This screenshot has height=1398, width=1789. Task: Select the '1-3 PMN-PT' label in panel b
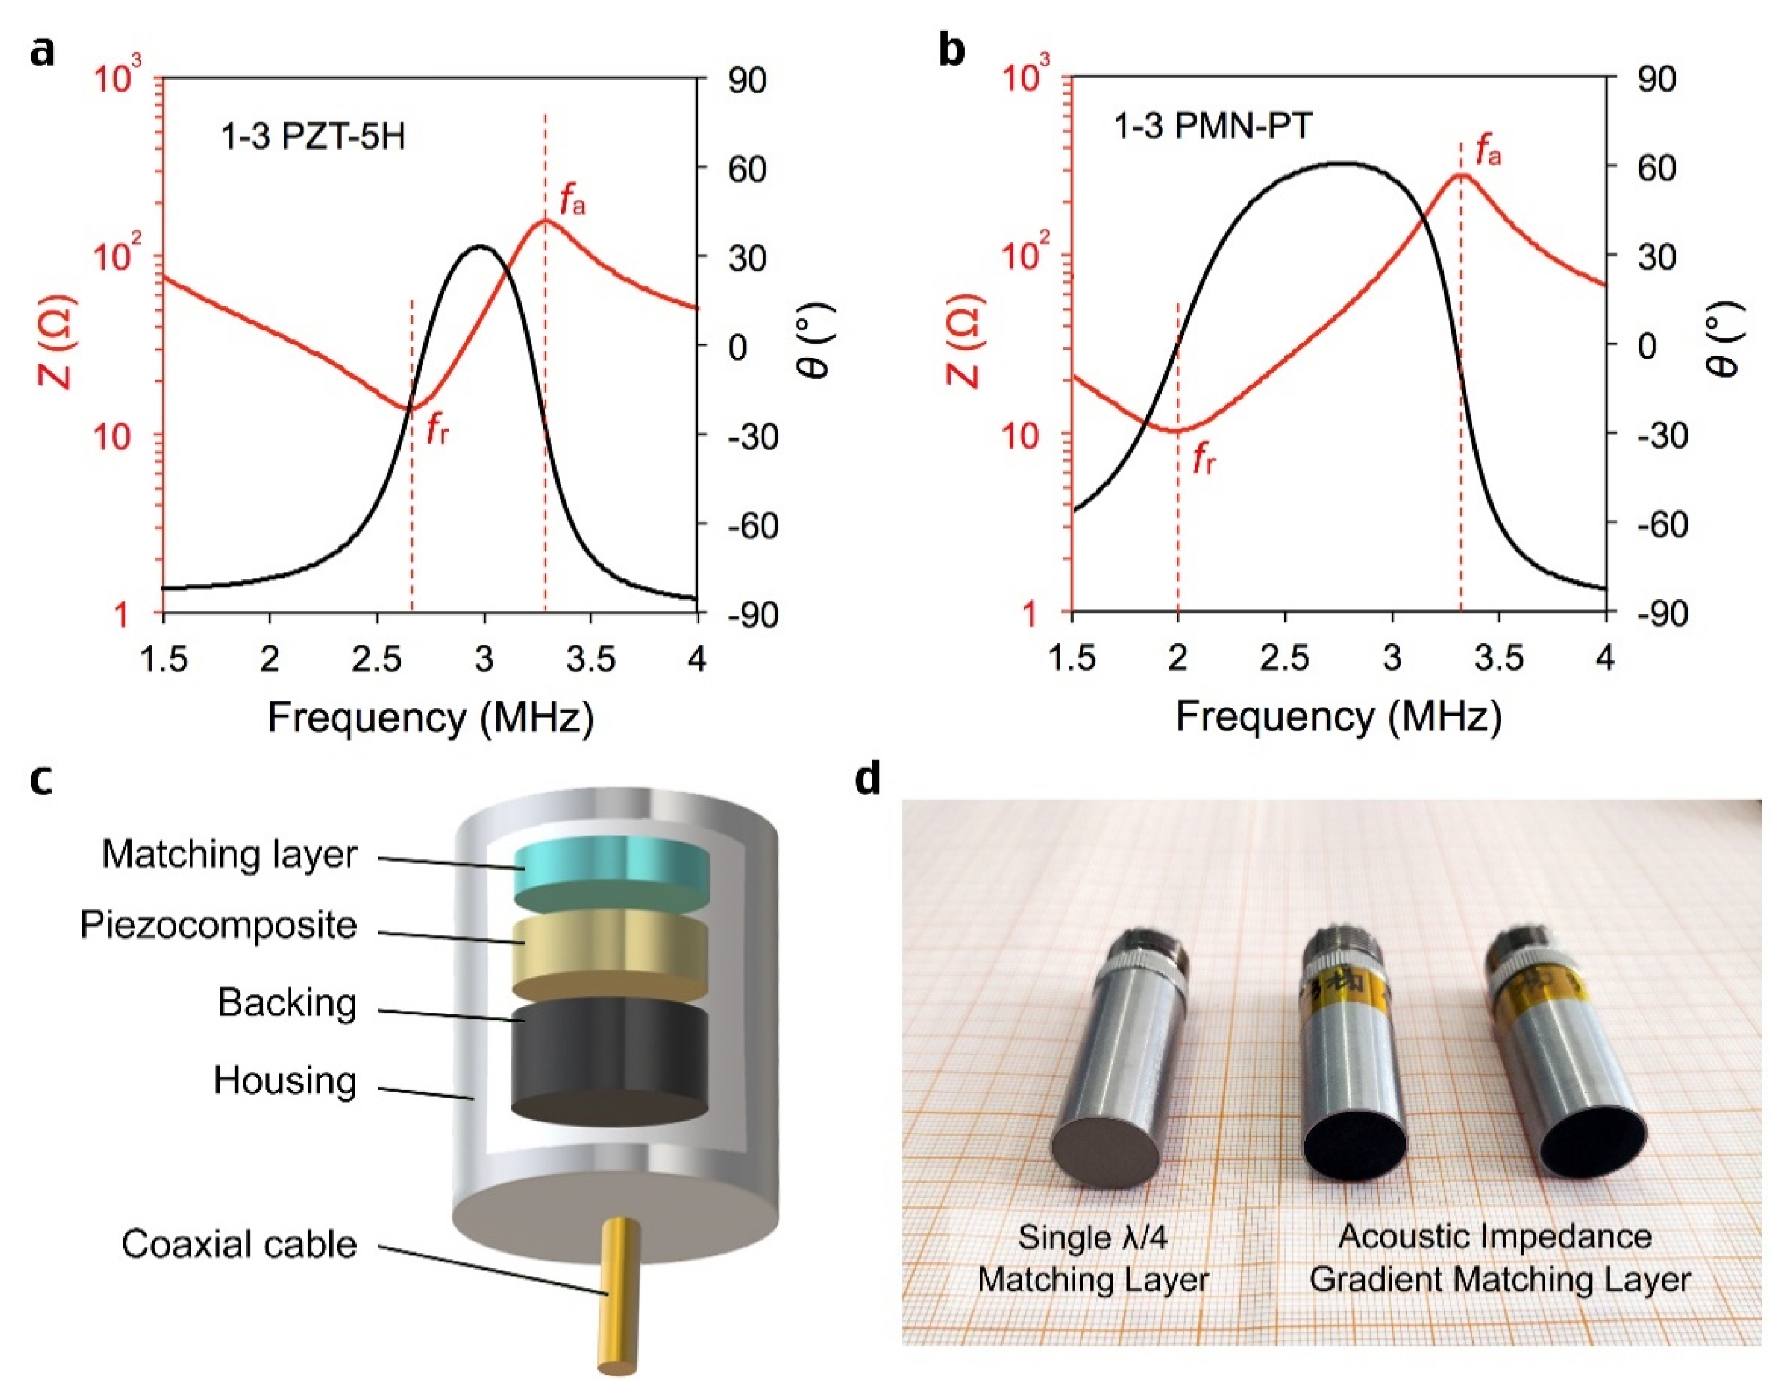1212,127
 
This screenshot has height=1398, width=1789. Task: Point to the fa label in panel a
572,200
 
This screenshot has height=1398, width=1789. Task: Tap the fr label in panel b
1203,460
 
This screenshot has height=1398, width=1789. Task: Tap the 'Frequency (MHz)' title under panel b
1338,717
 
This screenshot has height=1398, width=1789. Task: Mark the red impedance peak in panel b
1460,175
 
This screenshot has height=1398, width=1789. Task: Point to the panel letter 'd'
867,779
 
